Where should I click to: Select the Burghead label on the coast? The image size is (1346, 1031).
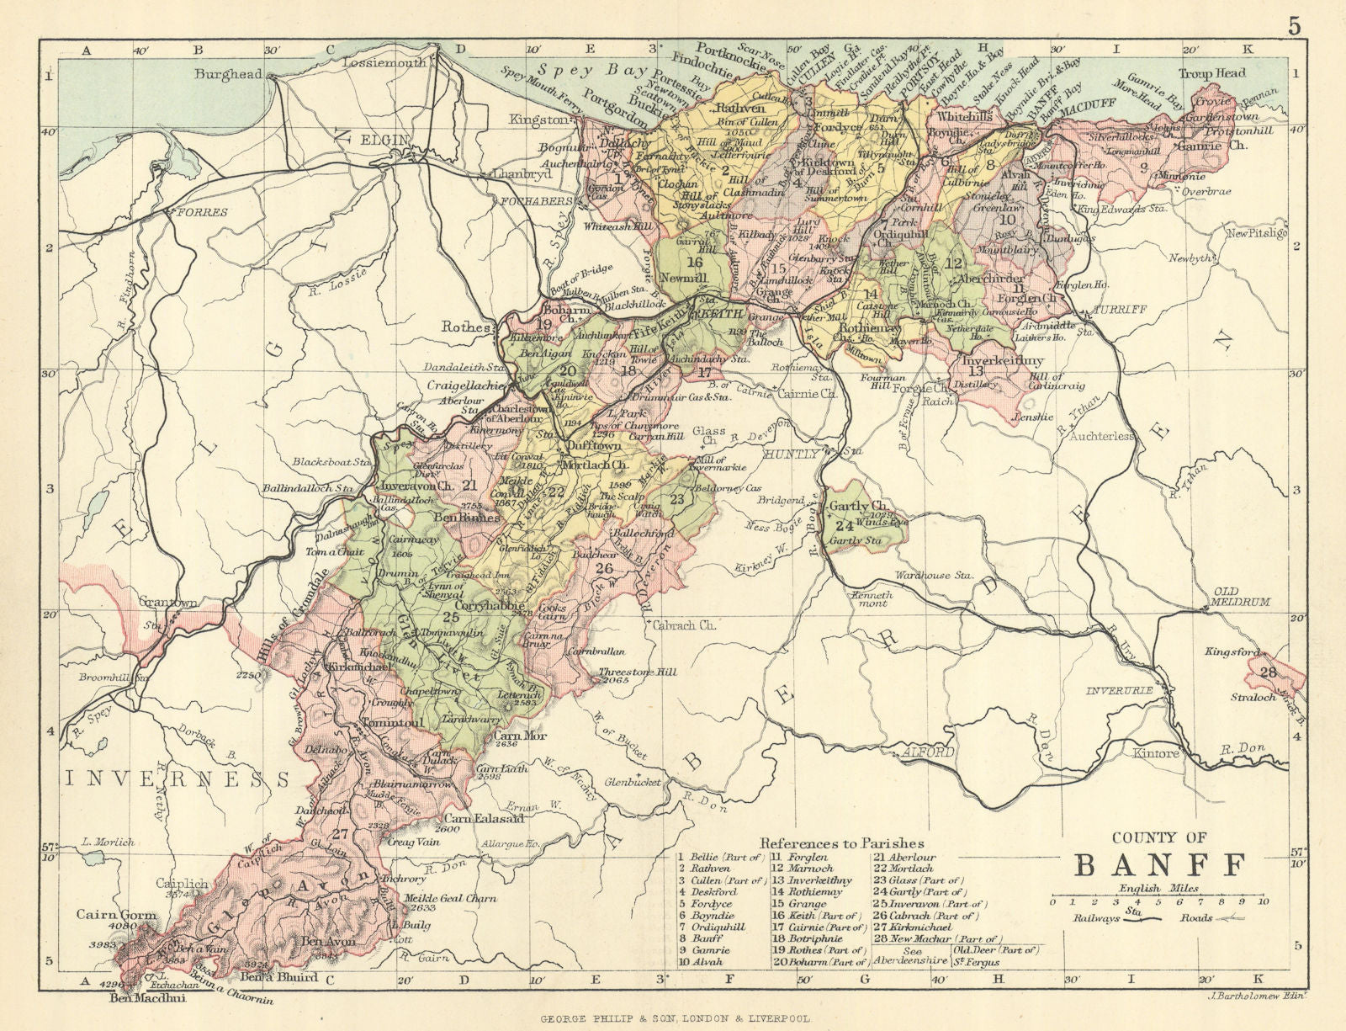[228, 74]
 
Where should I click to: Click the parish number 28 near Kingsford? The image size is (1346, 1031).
[1268, 671]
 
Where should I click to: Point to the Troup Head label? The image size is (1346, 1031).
[1211, 73]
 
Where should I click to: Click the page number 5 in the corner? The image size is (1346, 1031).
[1294, 25]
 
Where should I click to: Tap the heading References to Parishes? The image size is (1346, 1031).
[842, 842]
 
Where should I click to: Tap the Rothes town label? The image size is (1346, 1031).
[467, 327]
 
